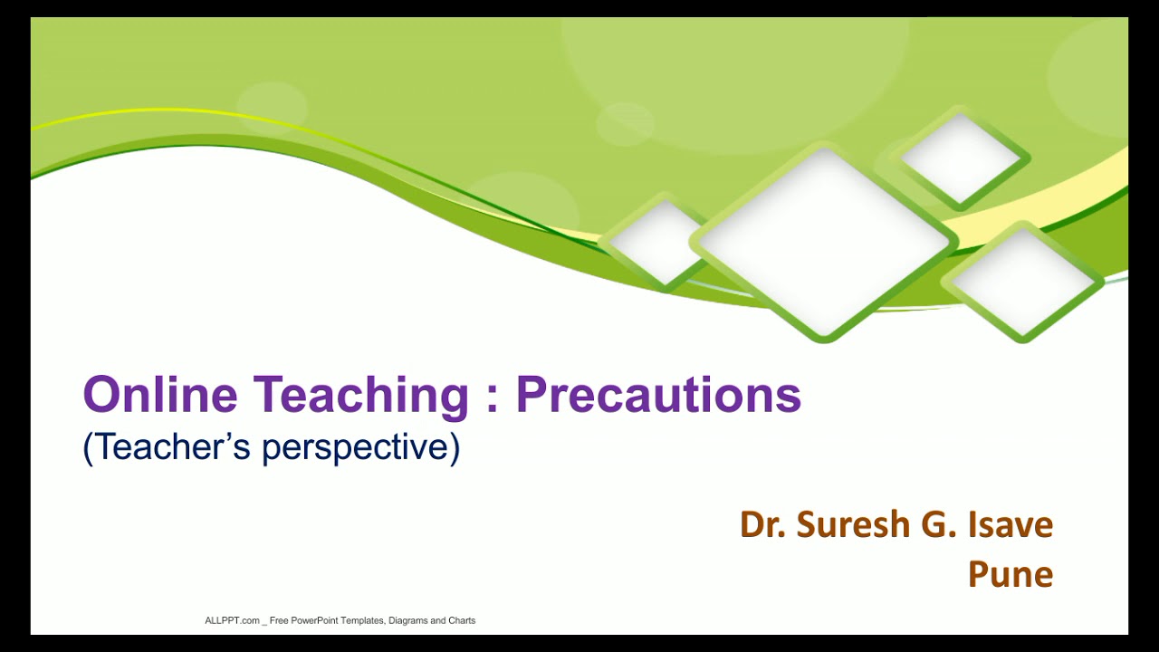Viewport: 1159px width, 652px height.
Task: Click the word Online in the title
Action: point(160,394)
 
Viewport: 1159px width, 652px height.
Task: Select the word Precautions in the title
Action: point(658,394)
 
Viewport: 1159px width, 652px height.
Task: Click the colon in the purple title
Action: point(493,399)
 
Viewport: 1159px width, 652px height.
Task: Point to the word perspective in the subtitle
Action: point(361,448)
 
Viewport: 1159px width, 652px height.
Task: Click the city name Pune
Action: point(1011,574)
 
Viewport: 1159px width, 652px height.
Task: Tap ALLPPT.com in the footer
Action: point(233,620)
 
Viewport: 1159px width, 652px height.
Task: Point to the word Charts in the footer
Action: point(462,620)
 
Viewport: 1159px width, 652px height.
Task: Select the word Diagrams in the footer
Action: point(408,621)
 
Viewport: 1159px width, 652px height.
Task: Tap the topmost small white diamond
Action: point(961,158)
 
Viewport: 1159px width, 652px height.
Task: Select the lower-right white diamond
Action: point(1022,283)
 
